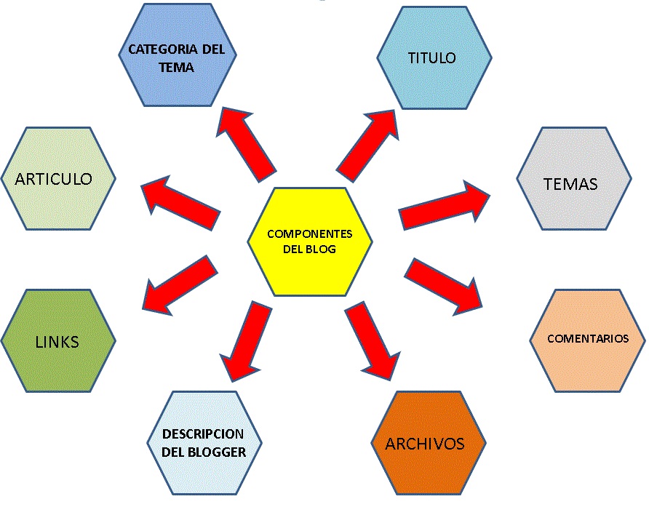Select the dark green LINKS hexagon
click(x=58, y=341)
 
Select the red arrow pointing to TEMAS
click(x=445, y=205)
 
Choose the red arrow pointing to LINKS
click(x=180, y=282)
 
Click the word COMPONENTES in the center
click(x=310, y=234)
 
